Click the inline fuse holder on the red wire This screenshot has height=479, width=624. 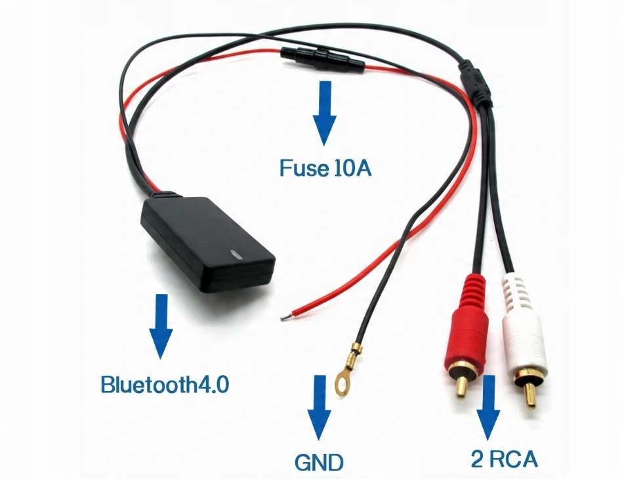322,59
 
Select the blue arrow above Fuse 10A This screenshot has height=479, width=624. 323,113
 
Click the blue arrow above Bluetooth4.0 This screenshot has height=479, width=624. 160,326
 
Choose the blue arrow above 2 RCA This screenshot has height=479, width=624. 488,407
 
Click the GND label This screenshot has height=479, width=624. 320,463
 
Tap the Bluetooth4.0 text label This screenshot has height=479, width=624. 165,384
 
